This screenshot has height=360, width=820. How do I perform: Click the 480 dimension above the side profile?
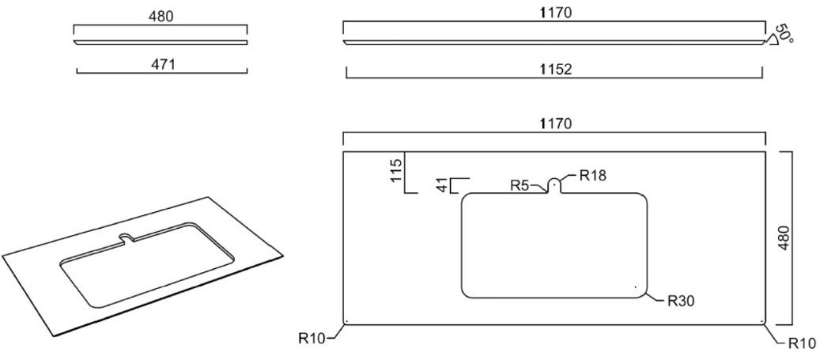tap(161, 17)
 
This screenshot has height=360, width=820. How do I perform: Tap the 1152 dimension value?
tap(554, 70)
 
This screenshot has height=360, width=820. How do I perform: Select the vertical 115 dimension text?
tap(396, 169)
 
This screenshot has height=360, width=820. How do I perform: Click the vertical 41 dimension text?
tap(443, 186)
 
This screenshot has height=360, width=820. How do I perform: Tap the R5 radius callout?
tap(520, 184)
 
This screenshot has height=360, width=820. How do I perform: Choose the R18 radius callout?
tap(593, 176)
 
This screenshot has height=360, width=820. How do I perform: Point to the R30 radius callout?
tap(681, 302)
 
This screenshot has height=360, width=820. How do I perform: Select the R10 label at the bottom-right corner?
tap(802, 343)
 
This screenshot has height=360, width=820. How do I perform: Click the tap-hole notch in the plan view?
tap(554, 185)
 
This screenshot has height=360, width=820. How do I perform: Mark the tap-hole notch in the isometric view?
tap(127, 237)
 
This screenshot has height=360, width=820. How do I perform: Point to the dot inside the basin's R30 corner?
tap(636, 286)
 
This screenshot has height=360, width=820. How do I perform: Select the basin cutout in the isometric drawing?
tap(148, 265)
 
